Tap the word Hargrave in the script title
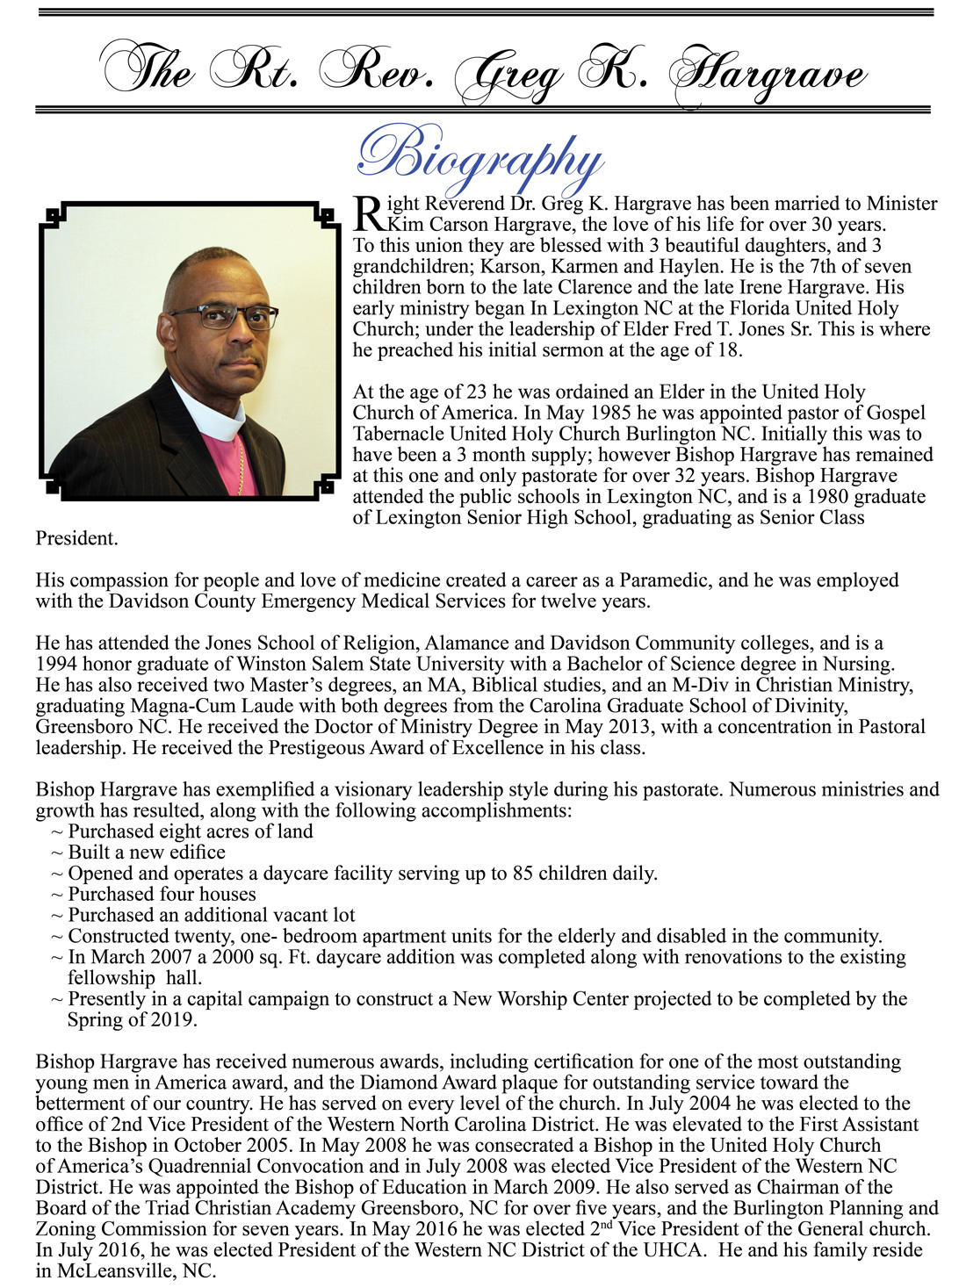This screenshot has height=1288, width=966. point(768,74)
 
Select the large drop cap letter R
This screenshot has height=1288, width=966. point(368,212)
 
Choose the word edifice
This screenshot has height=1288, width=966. point(197,853)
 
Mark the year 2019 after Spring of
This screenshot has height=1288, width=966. point(170,1020)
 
